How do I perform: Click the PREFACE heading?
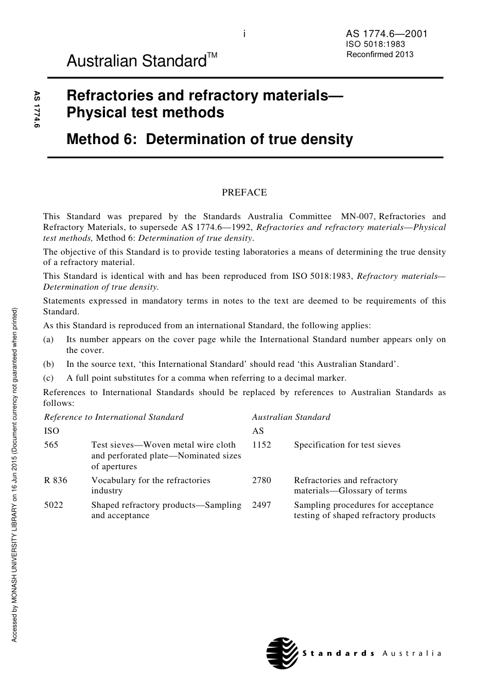244,192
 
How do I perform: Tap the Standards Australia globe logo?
282,653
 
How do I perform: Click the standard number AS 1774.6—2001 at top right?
387,34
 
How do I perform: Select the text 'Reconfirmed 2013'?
380,55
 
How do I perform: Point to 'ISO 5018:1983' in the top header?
376,45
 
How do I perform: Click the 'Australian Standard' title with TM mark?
142,61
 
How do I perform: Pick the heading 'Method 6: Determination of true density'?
209,139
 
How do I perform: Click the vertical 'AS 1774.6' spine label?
37,109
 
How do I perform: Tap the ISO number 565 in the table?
51,445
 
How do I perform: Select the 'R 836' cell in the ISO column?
56,480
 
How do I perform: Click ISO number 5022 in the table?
54,505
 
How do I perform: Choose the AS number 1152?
261,445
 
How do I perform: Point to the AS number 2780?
261,480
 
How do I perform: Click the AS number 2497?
261,505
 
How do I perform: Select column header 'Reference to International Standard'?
114,417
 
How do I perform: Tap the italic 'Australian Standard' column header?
291,417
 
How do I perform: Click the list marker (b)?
48,364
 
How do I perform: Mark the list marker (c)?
48,378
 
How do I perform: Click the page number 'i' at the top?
244,34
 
